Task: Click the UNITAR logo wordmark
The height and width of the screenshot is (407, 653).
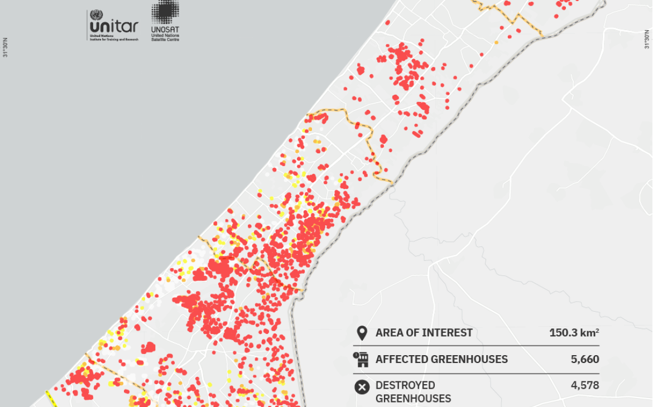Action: click(x=113, y=26)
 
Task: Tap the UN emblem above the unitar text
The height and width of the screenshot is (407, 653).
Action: click(x=96, y=15)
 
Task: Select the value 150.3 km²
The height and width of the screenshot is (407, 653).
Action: click(x=574, y=333)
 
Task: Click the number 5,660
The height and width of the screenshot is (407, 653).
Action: click(x=585, y=360)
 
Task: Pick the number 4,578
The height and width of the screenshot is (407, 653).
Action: click(x=585, y=385)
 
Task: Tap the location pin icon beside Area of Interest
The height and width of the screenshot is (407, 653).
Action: click(x=362, y=333)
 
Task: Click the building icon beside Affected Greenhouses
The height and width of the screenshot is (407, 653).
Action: click(x=361, y=360)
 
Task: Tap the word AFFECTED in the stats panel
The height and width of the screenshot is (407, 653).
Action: click(x=401, y=360)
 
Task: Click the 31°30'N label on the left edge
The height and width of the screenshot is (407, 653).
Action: click(x=6, y=47)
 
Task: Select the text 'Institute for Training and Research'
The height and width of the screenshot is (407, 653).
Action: click(x=114, y=40)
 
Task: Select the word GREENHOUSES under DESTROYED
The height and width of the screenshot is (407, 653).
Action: click(x=413, y=399)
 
